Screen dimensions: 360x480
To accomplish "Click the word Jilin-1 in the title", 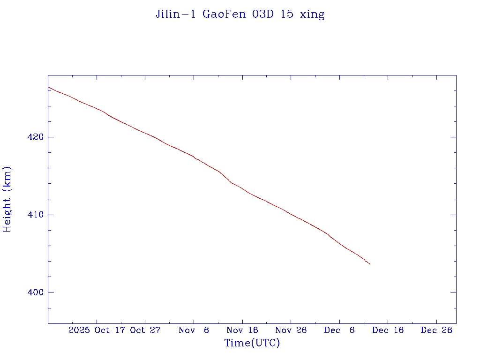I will coord(176,14).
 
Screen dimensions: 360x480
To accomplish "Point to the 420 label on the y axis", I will coord(37,137).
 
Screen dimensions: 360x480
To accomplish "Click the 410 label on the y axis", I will coord(37,215).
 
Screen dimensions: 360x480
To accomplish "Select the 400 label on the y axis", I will coord(37,292).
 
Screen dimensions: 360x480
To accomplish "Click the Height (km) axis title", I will coord(7,199).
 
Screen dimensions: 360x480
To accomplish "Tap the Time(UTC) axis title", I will coord(252,343).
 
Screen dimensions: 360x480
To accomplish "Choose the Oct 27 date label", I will coord(145,330).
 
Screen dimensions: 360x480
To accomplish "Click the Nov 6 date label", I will coord(194,330).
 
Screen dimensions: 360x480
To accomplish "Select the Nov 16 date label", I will coord(242,330).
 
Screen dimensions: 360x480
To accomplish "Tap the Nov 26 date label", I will coord(291,330).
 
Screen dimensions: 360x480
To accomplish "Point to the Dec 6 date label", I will coord(339,330).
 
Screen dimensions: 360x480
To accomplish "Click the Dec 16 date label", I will coord(388,330).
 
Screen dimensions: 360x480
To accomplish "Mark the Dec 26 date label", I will coord(436,330).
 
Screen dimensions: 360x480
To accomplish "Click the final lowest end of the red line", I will coord(370,264).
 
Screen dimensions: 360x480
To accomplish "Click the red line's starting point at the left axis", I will coord(48,87).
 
